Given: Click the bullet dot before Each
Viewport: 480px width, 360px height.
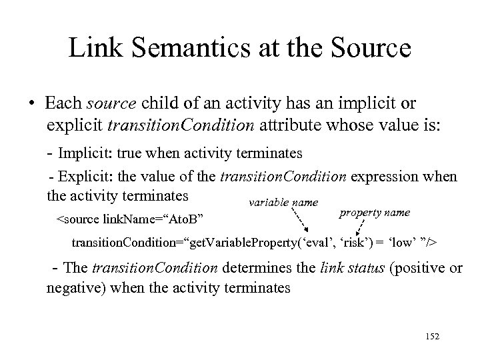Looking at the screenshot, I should pos(31,105).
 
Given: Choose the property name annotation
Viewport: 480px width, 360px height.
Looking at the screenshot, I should pos(375,213).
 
